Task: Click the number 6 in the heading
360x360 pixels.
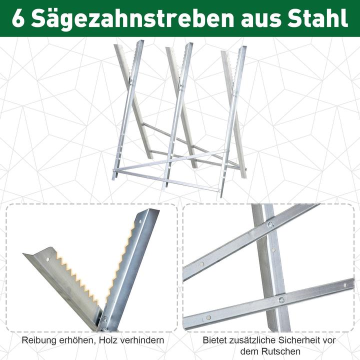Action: [19, 18]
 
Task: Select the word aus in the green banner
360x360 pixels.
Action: [258, 19]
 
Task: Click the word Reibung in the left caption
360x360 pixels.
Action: [38, 340]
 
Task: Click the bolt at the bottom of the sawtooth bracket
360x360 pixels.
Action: [104, 319]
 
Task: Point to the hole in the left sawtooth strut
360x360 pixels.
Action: [48, 259]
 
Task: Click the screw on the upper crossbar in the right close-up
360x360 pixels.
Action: [270, 225]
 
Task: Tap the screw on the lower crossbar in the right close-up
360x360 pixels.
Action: [281, 300]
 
